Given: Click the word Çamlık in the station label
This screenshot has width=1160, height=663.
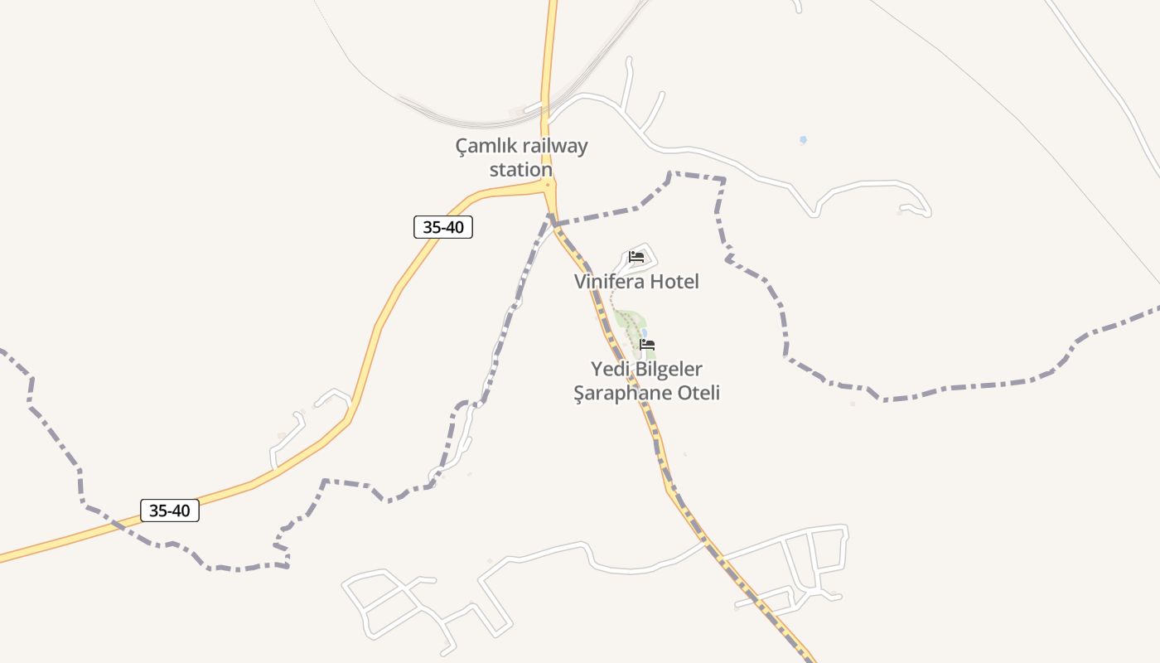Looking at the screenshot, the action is [486, 147].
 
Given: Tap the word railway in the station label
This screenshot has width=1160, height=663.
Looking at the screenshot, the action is [555, 147].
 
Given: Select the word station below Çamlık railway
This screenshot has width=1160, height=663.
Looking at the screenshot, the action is [520, 170].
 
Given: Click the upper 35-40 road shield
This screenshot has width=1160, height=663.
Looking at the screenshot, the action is [443, 227].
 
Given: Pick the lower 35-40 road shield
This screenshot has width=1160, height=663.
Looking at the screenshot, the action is [170, 511].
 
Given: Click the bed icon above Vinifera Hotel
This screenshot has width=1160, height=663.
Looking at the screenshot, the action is [636, 257].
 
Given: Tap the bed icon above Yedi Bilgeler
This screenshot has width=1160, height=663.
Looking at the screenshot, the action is [647, 344].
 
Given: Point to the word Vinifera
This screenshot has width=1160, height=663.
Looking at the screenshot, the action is [608, 282].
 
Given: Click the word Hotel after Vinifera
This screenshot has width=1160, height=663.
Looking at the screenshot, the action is [674, 282].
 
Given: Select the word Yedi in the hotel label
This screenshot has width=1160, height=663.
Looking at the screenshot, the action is [607, 369].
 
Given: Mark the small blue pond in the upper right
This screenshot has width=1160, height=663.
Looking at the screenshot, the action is [803, 140].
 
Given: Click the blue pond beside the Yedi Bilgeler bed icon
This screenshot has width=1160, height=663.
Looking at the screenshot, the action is [644, 332].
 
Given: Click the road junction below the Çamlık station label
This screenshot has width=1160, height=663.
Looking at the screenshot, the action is [548, 185].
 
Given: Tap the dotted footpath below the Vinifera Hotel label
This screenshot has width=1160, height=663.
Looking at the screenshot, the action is [613, 300].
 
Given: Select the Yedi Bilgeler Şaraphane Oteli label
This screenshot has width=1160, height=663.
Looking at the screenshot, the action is [647, 380].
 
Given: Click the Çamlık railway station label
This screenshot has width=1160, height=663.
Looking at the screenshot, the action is [521, 157].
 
